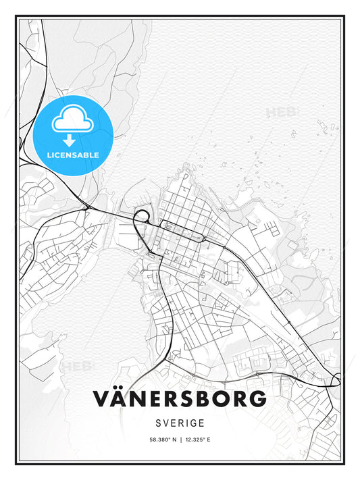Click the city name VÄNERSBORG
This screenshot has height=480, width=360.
(180, 399)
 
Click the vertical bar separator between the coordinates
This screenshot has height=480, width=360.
(180, 439)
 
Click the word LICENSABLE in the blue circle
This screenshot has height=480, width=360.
(73, 155)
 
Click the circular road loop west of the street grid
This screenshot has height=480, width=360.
(142, 217)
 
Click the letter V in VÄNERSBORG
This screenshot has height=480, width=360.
(103, 399)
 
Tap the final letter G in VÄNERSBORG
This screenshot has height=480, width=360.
(257, 399)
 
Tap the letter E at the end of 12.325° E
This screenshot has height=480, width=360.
(209, 439)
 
